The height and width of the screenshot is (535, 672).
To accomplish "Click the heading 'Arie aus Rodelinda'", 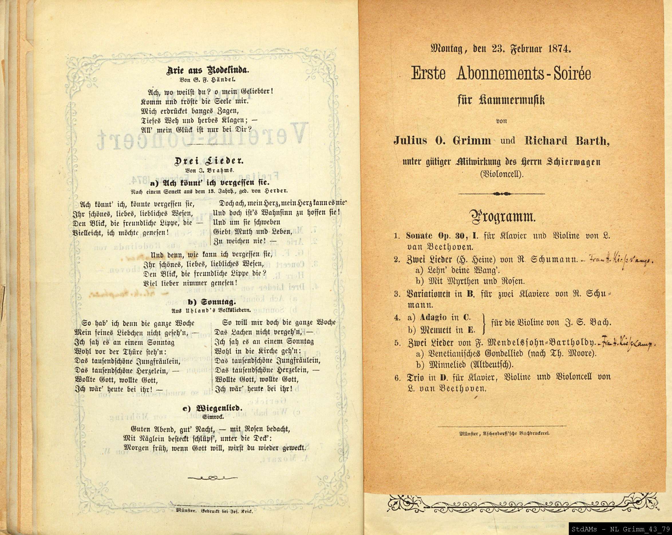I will pyautogui.click(x=207, y=70).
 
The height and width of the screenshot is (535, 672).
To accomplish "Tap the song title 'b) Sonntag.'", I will pyautogui.click(x=207, y=302).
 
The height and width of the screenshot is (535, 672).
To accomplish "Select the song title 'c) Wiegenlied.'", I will pyautogui.click(x=207, y=408).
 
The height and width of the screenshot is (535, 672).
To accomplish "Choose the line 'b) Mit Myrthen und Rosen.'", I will pyautogui.click(x=470, y=281).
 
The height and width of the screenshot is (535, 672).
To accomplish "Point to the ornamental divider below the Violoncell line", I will pyautogui.click(x=501, y=194).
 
